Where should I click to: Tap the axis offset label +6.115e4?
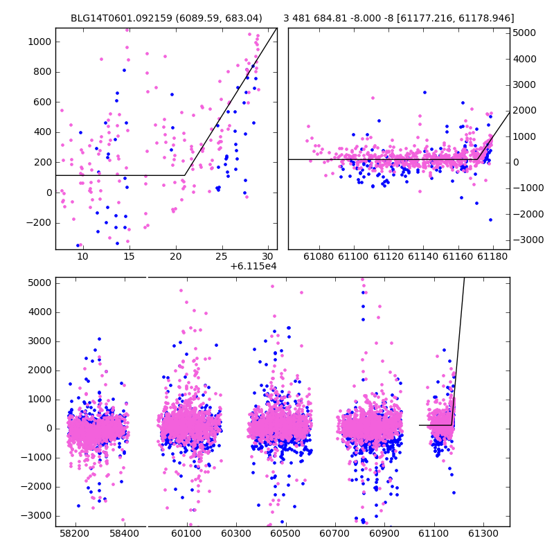tap(253, 266)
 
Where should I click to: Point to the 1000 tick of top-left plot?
tap(39, 42)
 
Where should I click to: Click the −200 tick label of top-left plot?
tap(39, 223)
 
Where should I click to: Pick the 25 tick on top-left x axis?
tap(222, 256)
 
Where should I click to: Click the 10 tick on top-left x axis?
tap(82, 256)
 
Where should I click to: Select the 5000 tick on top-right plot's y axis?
tap(524, 33)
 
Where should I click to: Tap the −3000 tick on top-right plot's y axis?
tap(528, 240)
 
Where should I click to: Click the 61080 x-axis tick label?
tap(319, 256)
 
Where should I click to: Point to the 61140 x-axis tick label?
tap(423, 256)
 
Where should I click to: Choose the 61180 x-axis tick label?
tap(492, 256)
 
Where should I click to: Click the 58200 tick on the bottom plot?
tap(75, 533)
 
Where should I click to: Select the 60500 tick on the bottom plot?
tap(285, 533)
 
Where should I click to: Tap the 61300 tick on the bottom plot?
tap(483, 533)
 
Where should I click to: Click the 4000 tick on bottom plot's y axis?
tap(39, 312)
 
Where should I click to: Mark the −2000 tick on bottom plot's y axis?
tap(36, 487)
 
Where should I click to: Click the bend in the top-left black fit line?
tap(184, 175)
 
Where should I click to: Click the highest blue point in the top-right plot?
tap(425, 93)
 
